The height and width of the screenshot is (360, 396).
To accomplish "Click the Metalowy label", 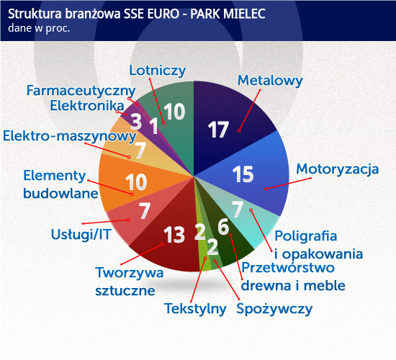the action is pos(270,81).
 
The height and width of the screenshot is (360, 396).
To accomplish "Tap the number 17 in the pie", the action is pos(218,130).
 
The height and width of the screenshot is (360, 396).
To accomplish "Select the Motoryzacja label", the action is pos(338,169).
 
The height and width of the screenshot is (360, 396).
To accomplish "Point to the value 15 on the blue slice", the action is pos(243,174).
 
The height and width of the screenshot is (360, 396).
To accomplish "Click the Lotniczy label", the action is pos(158,71).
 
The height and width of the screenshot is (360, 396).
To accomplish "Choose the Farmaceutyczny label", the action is pos(81,91).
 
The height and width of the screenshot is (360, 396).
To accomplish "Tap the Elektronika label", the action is pos(87,106).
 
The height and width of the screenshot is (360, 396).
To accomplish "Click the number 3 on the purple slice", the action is pos(136,122).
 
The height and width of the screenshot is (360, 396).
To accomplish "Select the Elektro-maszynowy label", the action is pos(69,136).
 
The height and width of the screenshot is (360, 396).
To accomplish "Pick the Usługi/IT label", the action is pos(81,235).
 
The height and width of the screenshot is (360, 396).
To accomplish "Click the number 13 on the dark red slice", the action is pos(174,235).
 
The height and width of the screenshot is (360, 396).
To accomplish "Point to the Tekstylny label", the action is pos(195,309).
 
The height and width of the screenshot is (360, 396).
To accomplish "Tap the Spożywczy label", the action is pos(274,309).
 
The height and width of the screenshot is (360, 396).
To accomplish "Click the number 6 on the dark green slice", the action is pos(223,227).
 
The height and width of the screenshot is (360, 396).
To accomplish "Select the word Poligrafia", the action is pos(305,236).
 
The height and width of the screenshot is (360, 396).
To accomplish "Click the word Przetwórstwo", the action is pos(288,268).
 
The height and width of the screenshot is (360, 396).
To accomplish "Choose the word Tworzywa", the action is pos(130,273).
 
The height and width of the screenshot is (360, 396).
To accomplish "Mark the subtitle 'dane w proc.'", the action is pos(39,28).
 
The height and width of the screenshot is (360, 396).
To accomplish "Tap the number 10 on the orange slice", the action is pos(136,182).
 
